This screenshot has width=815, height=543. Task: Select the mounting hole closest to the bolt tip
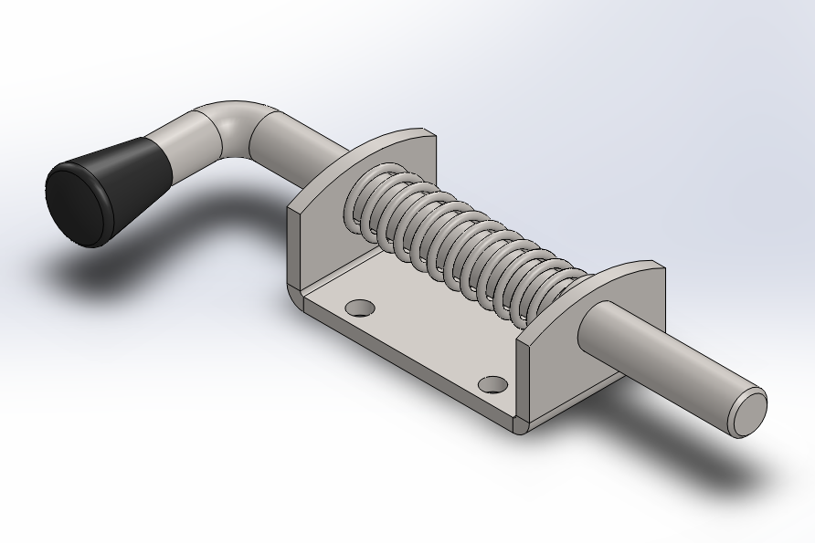(x=492, y=383)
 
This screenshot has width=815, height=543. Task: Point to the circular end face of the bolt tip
(x=748, y=410)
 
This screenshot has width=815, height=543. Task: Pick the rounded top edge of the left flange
(x=384, y=137)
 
